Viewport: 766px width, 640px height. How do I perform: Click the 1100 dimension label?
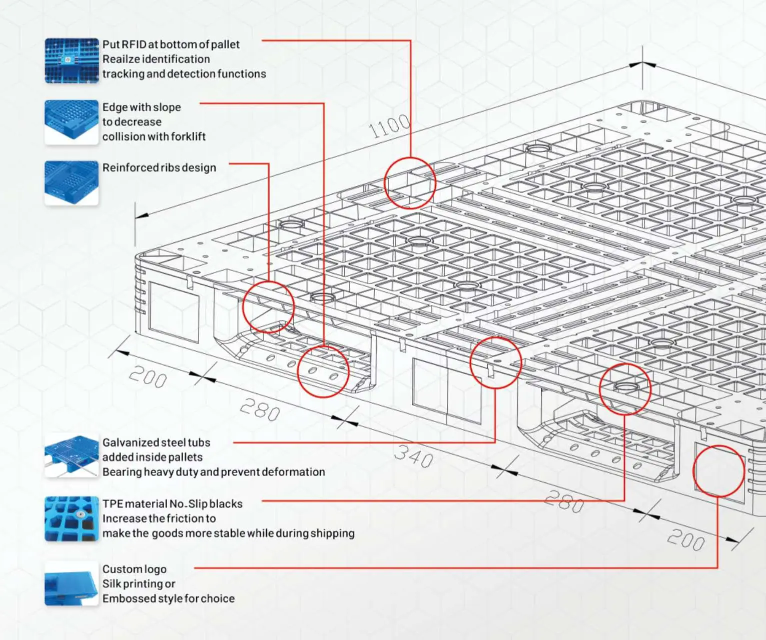click(389, 125)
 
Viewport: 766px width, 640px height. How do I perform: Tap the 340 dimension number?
click(413, 455)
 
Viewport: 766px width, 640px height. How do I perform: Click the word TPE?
click(113, 503)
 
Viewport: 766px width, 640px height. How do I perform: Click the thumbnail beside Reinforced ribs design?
click(71, 183)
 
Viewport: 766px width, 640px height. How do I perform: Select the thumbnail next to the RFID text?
click(71, 60)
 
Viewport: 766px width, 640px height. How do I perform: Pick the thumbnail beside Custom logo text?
click(71, 583)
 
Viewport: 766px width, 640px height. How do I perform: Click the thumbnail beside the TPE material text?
click(71, 518)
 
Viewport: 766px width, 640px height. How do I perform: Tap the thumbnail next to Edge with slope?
click(71, 122)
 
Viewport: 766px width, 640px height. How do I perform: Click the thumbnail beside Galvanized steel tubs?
click(71, 456)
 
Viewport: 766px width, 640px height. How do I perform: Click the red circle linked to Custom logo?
click(718, 471)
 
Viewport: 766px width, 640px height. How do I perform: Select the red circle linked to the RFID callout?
click(410, 183)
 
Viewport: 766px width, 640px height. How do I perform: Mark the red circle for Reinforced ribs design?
click(268, 306)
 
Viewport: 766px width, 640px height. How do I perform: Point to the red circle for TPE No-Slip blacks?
click(625, 389)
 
